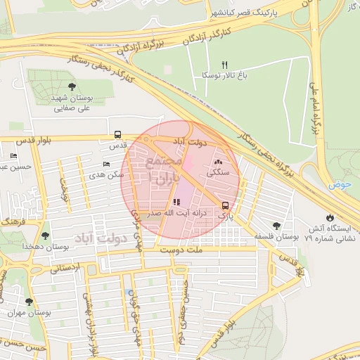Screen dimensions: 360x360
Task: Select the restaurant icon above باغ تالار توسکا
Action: (225, 64)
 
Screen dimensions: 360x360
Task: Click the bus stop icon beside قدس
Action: (117, 135)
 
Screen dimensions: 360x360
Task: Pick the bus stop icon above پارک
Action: (225, 206)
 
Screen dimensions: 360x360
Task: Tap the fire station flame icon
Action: (330, 217)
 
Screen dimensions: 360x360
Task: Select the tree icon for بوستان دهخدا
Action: (45, 236)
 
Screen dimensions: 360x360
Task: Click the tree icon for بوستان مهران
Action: (28, 302)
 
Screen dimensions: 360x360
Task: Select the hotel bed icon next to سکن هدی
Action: (106, 164)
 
